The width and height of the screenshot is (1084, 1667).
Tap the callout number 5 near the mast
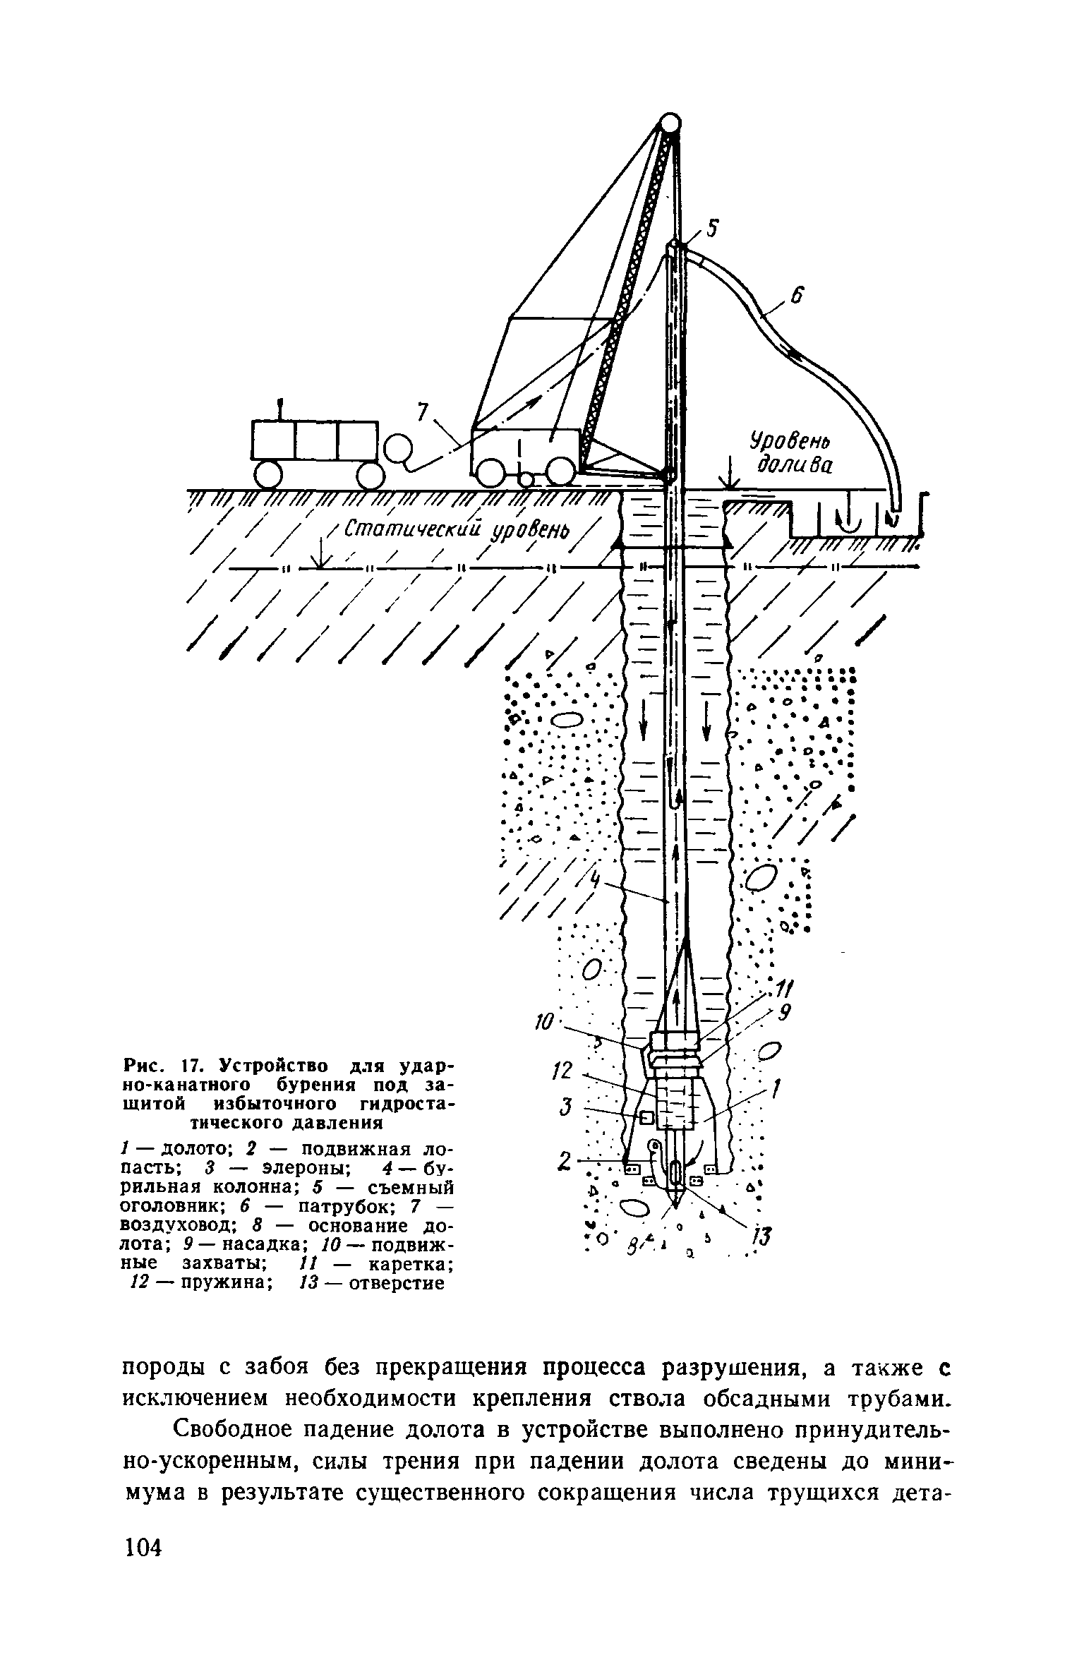pos(713,229)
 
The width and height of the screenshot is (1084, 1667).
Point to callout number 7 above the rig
pos(423,412)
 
